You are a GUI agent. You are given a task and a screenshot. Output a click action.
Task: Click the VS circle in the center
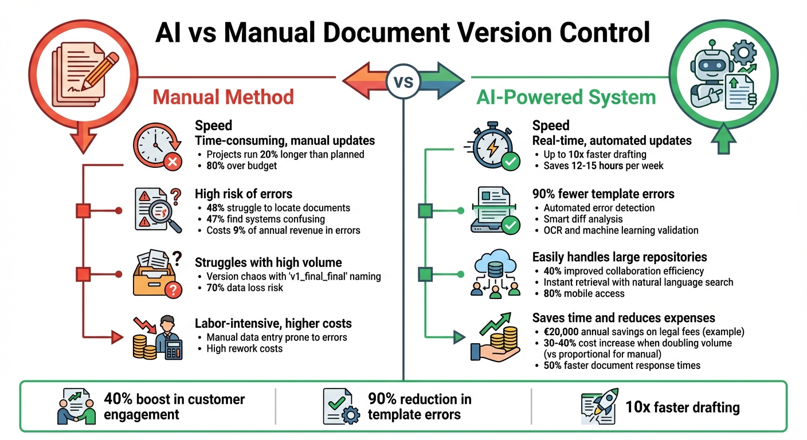[x=403, y=81]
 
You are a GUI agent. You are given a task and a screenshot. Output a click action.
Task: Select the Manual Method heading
[x=223, y=97]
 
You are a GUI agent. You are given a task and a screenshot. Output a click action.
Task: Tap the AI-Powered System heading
[x=566, y=97]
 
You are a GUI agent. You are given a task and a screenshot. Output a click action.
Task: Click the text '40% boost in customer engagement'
[x=174, y=406]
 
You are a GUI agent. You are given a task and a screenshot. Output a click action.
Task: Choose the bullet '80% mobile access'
[x=584, y=293]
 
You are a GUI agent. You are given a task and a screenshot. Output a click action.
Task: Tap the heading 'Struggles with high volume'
[x=268, y=262]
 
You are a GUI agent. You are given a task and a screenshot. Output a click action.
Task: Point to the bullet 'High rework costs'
[x=244, y=348]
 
